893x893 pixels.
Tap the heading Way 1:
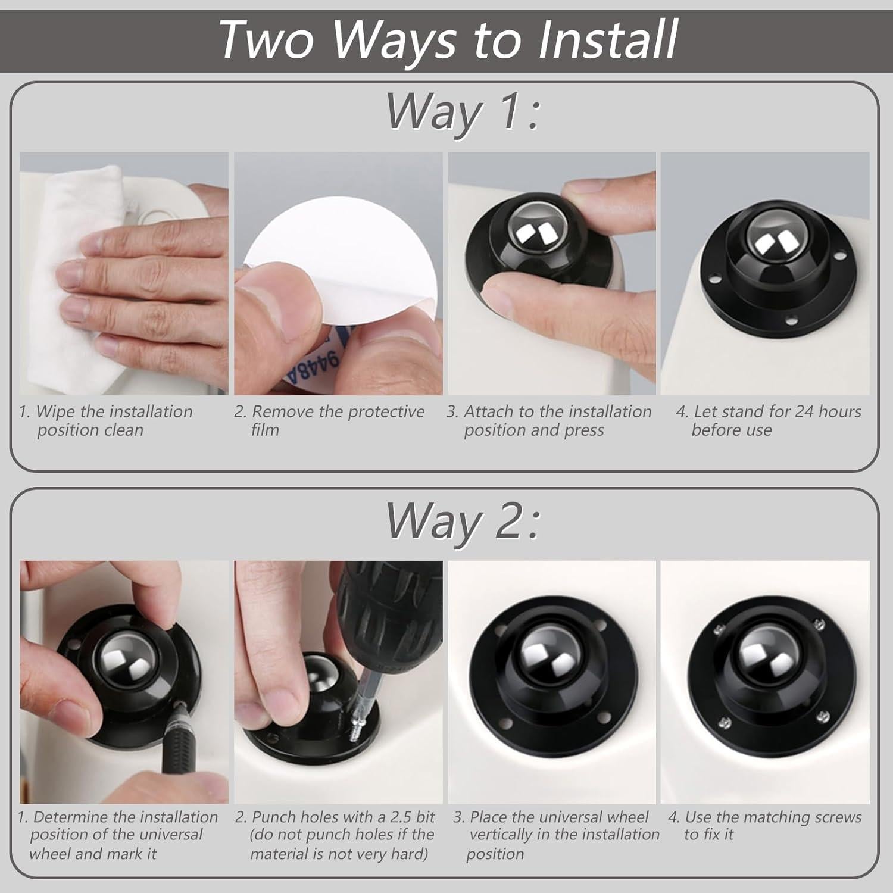point(463,111)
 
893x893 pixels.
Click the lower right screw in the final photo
point(823,716)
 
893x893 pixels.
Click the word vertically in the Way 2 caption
point(500,835)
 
